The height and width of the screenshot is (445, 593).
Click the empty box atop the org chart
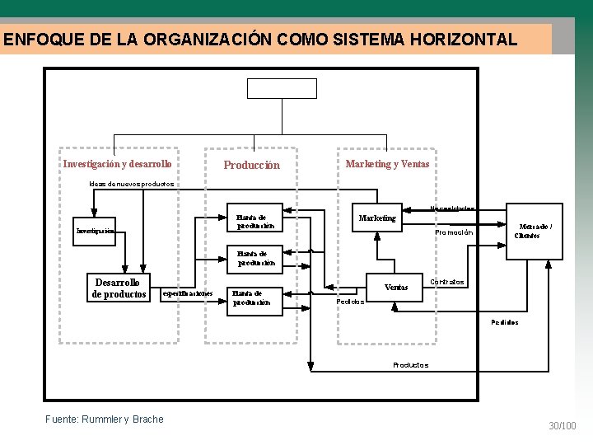(x=282, y=88)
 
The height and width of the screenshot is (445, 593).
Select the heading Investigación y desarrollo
(x=118, y=164)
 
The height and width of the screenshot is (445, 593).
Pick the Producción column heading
(x=252, y=165)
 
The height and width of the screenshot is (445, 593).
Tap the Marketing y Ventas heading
(x=387, y=164)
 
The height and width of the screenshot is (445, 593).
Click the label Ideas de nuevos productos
(x=132, y=184)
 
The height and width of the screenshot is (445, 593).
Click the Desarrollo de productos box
(x=119, y=288)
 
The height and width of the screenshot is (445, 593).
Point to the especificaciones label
(x=188, y=293)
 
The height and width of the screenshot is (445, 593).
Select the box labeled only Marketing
(x=377, y=218)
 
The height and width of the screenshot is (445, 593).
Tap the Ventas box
(x=396, y=287)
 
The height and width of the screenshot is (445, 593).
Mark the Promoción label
(x=454, y=232)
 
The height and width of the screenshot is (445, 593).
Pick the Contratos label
(x=447, y=282)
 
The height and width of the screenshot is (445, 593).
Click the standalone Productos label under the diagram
(x=410, y=364)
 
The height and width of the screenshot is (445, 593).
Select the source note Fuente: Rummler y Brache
(x=105, y=419)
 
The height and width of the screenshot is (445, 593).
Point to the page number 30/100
(x=563, y=425)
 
